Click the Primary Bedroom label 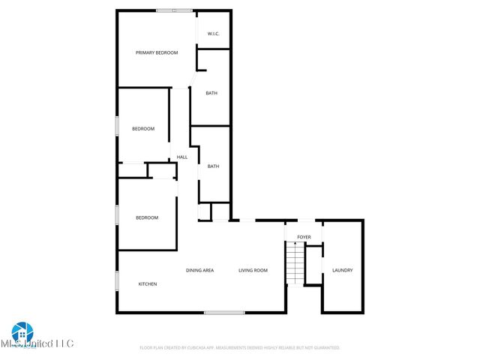point(157,52)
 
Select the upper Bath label point(212,93)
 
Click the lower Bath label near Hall point(214,166)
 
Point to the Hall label point(182,157)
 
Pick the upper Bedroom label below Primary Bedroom point(143,129)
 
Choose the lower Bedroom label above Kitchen point(147,217)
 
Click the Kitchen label point(148,284)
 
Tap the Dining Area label point(200,270)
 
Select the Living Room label point(253,270)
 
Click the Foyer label point(304,237)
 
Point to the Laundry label point(343,270)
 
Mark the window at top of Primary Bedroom point(174,10)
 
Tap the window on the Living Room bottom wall point(224,312)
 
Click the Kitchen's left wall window point(116,280)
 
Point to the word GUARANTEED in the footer point(325,348)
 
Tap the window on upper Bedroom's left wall point(116,125)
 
